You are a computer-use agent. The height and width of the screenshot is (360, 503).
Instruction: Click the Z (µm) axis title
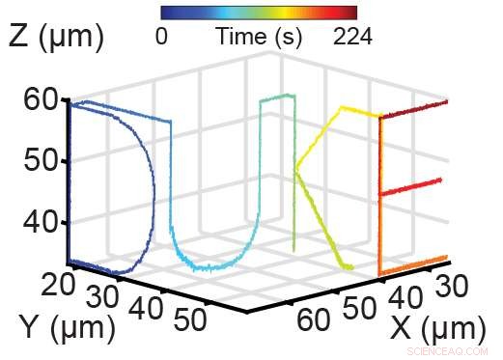click(x=57, y=38)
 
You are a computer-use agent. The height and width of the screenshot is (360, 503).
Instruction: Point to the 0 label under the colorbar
click(x=161, y=38)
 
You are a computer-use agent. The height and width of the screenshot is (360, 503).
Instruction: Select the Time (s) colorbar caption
click(x=259, y=38)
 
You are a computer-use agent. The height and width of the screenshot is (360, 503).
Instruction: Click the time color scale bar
click(x=259, y=13)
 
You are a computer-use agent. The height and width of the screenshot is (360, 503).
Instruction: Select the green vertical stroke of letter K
click(x=295, y=193)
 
